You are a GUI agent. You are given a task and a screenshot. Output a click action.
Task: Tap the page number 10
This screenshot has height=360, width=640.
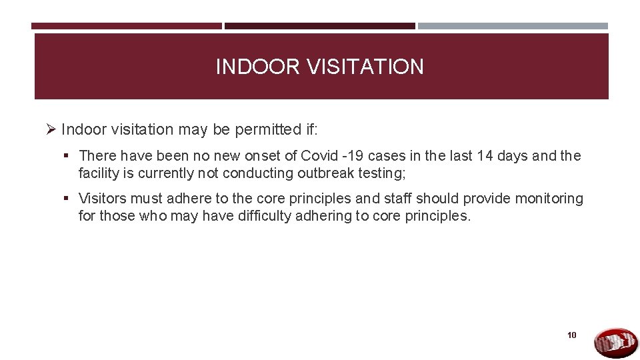572,335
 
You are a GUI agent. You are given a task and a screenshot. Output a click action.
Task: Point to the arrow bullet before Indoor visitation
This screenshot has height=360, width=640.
51,129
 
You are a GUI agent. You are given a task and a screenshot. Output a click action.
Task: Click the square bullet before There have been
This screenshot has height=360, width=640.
69,156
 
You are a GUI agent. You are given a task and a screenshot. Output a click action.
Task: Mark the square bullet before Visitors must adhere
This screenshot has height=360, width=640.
69,199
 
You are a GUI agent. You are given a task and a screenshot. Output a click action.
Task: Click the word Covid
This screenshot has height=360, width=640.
319,156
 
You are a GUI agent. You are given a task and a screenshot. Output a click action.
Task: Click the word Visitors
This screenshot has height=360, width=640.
103,199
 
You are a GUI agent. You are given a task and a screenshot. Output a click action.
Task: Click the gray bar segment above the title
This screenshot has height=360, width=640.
513,26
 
